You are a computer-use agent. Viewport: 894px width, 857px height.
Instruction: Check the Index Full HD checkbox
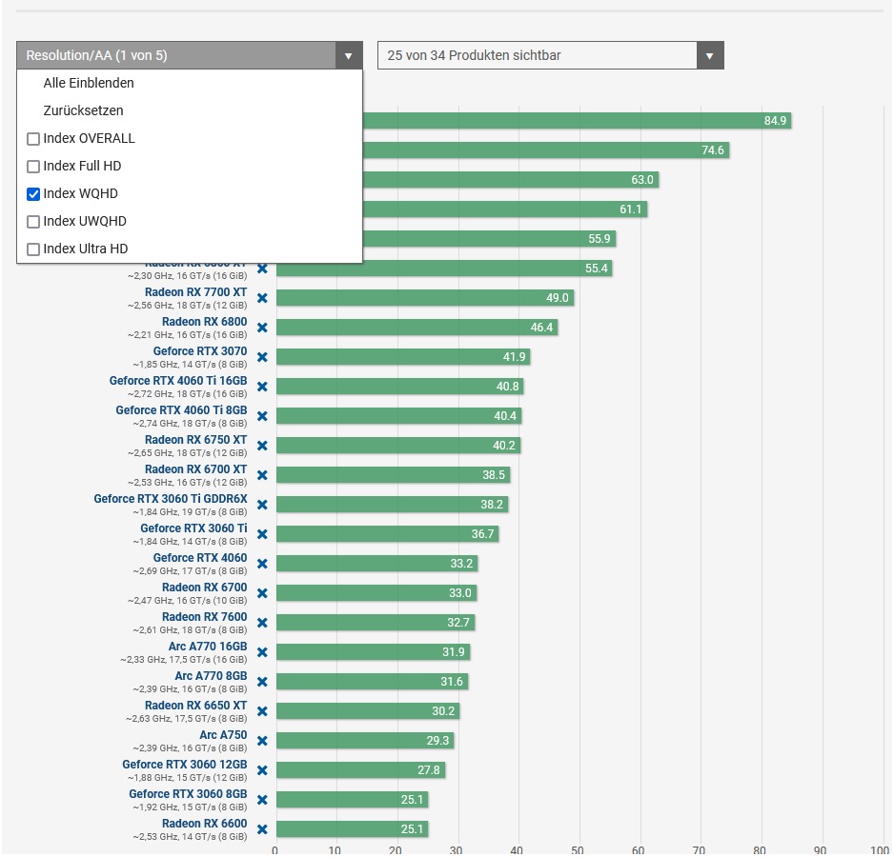click(33, 167)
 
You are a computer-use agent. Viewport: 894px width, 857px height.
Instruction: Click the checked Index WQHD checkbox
click(33, 194)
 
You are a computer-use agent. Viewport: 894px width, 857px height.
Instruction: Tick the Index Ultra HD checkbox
click(33, 249)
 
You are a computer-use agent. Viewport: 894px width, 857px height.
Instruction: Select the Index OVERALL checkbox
click(33, 139)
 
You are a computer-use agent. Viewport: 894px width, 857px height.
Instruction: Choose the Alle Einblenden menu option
click(89, 83)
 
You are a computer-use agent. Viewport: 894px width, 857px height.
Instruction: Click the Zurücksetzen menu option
click(83, 110)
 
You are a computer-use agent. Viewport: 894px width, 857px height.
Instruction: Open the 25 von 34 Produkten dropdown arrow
click(709, 55)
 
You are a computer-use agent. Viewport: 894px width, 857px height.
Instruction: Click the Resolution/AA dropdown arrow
click(348, 55)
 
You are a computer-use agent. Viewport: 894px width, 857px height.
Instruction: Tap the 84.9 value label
click(775, 121)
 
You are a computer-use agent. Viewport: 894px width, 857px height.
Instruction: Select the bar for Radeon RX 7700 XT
click(424, 298)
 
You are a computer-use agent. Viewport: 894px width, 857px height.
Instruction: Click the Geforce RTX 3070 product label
click(200, 351)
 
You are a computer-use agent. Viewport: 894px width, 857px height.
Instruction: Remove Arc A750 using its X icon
click(262, 741)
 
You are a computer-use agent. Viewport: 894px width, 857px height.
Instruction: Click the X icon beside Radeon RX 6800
click(262, 328)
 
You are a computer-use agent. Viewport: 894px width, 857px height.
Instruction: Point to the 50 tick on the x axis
click(578, 849)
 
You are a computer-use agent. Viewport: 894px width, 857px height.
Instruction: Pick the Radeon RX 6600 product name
click(204, 824)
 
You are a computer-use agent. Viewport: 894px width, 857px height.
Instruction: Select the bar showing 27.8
click(359, 770)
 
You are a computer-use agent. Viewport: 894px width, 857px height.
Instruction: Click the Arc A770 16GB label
click(208, 647)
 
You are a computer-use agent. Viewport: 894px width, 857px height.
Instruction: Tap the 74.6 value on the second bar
click(713, 150)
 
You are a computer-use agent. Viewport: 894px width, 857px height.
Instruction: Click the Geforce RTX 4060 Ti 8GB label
click(181, 410)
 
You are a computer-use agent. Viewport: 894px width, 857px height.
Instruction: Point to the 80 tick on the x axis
click(760, 849)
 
